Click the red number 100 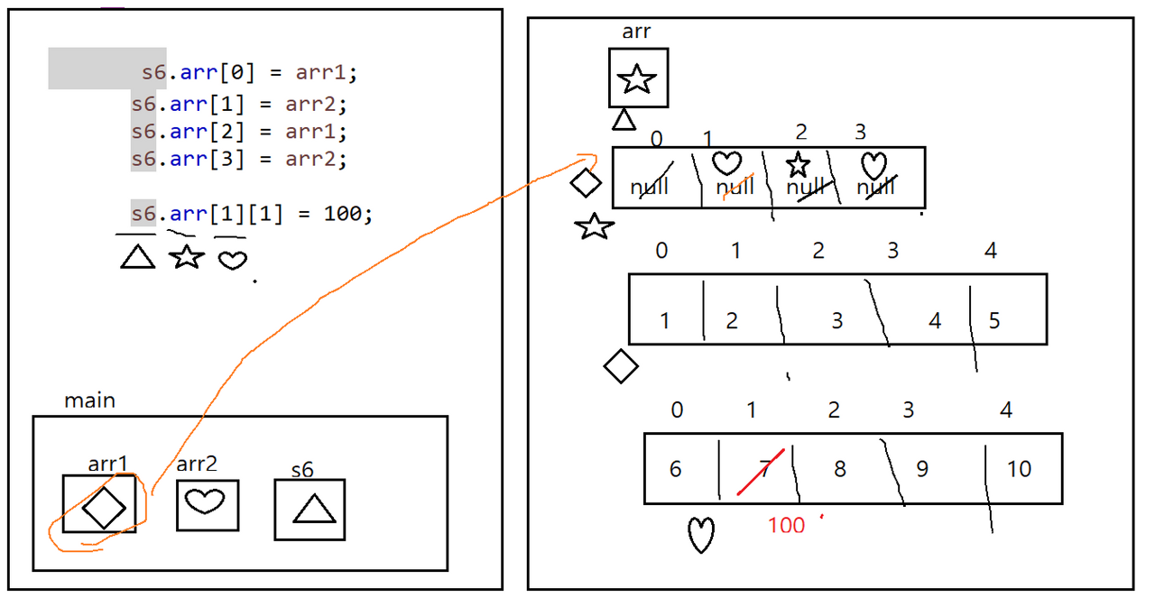(x=786, y=525)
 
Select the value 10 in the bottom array (x=1019, y=469)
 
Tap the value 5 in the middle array (x=994, y=321)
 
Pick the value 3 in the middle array (x=836, y=320)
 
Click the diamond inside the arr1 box (x=103, y=507)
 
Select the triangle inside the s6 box (x=313, y=511)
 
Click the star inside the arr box (x=637, y=79)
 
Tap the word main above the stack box (x=89, y=400)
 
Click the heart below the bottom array (x=701, y=535)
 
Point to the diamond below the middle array (x=621, y=366)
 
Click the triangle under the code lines (x=138, y=258)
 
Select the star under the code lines (x=186, y=257)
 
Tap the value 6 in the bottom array (x=676, y=469)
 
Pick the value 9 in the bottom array (x=921, y=469)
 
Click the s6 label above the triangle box (x=302, y=470)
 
